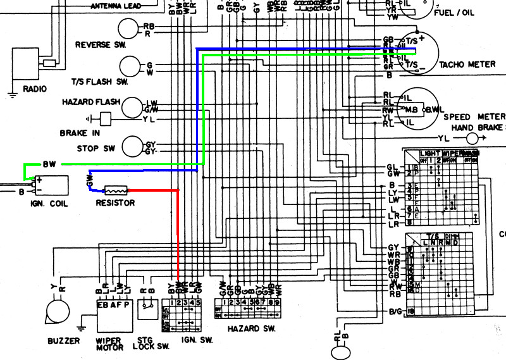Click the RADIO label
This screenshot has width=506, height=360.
click(34, 89)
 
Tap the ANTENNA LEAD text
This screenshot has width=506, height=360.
click(117, 6)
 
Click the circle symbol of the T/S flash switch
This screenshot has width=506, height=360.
click(130, 67)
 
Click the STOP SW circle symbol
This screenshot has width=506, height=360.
click(132, 146)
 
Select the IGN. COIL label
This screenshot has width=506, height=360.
click(49, 204)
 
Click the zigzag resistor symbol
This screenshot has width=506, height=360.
click(116, 189)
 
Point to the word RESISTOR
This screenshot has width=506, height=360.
click(115, 203)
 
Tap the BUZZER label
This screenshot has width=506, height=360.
click(63, 341)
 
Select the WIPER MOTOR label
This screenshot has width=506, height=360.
click(108, 344)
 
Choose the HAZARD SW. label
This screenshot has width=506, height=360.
click(251, 329)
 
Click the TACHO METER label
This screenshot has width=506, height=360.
click(467, 65)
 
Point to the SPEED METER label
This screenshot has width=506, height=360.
click(474, 117)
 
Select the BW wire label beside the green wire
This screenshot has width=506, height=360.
click(49, 164)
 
